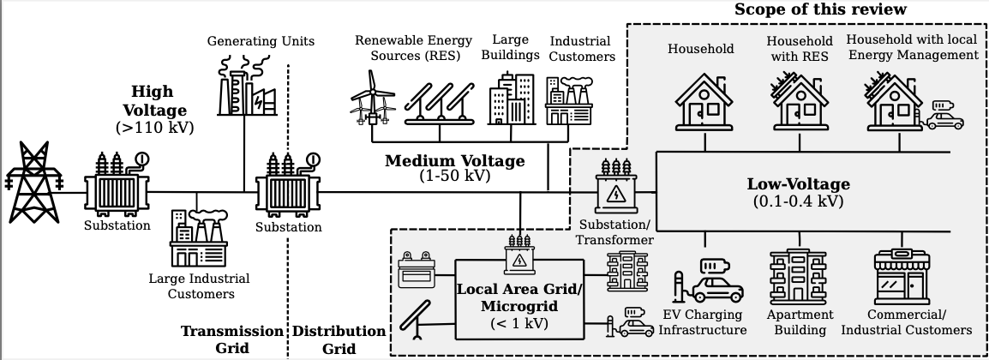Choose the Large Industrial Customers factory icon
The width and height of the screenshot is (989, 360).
(198, 241)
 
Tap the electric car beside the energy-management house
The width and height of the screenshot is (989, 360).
(944, 117)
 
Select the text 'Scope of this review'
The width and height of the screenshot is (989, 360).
(820, 9)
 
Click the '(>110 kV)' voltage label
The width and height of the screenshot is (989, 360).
(154, 128)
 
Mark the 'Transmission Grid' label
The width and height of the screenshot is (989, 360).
(231, 339)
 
